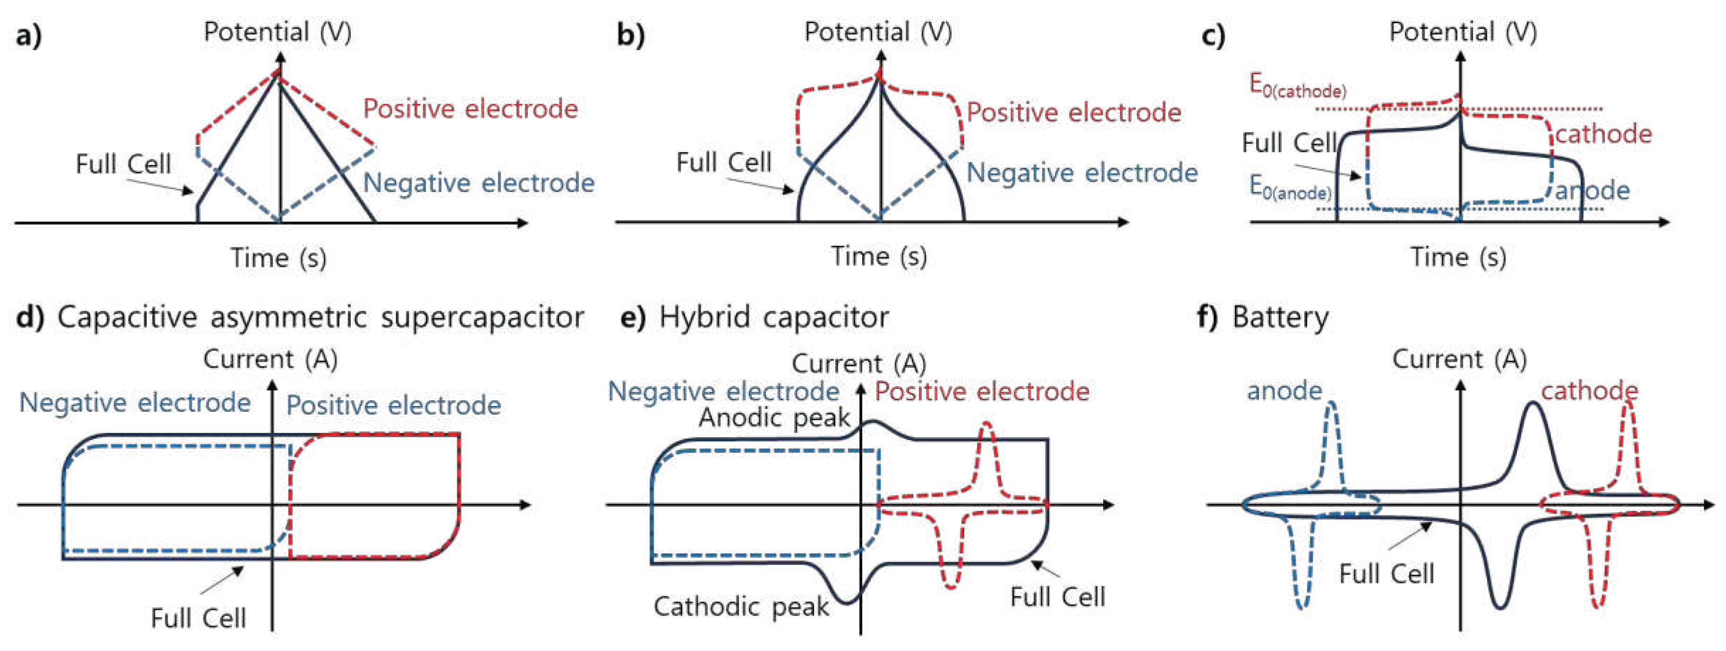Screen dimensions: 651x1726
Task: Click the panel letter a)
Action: click(28, 35)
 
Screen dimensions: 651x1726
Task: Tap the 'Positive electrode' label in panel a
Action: click(470, 109)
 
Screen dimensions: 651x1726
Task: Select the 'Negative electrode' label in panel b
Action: click(1081, 173)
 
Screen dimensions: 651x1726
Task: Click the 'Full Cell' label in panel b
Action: click(723, 162)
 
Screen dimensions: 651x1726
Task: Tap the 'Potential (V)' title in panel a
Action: click(277, 32)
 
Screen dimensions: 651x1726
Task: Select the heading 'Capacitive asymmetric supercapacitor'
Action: click(320, 317)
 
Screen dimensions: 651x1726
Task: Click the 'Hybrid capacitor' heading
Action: click(774, 317)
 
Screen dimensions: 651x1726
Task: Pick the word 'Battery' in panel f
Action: click(1280, 317)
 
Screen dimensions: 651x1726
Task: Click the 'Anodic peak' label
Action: click(774, 418)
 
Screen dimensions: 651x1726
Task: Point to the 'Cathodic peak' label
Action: click(741, 607)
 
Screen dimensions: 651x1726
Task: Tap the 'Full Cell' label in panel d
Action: click(198, 618)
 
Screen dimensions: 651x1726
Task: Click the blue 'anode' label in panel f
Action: click(1284, 390)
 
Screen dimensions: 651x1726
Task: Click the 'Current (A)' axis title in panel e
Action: click(859, 364)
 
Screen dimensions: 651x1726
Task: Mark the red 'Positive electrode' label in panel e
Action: click(982, 392)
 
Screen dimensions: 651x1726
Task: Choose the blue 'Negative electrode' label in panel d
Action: click(135, 403)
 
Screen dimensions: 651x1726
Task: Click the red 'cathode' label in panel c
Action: click(1603, 134)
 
